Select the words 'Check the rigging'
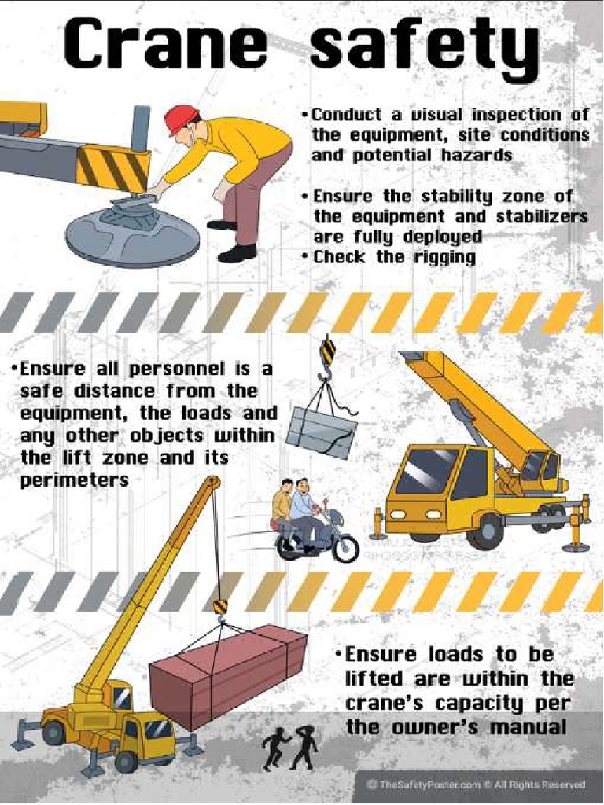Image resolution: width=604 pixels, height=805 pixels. [x=393, y=257]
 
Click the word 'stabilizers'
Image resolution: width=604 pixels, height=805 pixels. [x=543, y=216]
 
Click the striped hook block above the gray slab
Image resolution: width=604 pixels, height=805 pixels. [x=327, y=351]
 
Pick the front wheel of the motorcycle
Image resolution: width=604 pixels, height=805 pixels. [x=345, y=548]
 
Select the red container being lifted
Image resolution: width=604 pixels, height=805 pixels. [x=228, y=675]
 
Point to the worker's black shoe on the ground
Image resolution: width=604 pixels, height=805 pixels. [x=236, y=253]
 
